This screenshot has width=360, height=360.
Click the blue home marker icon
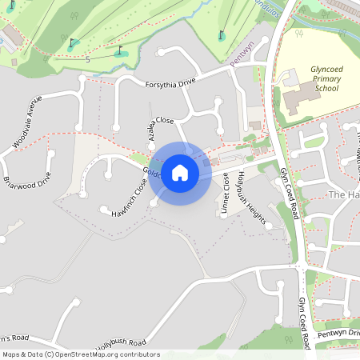pyautogui.click(x=180, y=174)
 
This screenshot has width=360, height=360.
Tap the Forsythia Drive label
pyautogui.click(x=170, y=83)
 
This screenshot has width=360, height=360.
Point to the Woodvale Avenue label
pyautogui.click(x=27, y=122)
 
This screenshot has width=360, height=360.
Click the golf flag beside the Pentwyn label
pyautogui.click(x=222, y=35)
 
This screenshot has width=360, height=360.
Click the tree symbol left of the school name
pyautogui.click(x=298, y=34)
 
